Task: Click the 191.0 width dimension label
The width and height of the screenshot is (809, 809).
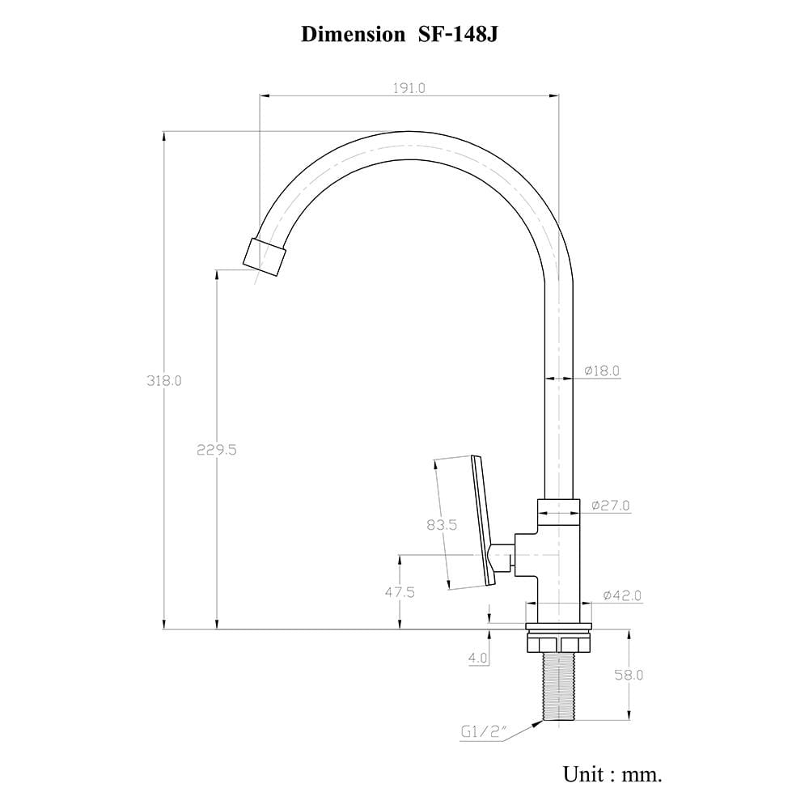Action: (x=409, y=88)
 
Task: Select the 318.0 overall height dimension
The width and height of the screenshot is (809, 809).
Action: (x=164, y=381)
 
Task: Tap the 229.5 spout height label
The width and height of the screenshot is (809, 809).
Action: (x=217, y=450)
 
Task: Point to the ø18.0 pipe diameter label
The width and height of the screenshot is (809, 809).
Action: (x=602, y=371)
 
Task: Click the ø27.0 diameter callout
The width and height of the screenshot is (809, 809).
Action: (x=611, y=505)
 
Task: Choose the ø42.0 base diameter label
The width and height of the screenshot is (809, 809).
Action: (x=623, y=595)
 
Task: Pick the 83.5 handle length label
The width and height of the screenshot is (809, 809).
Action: (x=443, y=525)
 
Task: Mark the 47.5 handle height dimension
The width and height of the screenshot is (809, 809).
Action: (x=400, y=592)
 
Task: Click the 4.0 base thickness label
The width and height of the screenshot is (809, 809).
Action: (x=478, y=658)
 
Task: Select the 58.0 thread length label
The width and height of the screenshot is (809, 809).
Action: (x=629, y=675)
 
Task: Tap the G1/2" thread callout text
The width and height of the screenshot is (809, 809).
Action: (x=485, y=731)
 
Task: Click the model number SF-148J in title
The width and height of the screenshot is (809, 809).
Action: (x=458, y=35)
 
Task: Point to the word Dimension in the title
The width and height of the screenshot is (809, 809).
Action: (x=353, y=35)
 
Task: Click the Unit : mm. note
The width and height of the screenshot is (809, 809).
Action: (x=612, y=774)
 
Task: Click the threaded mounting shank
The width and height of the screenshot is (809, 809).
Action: (x=559, y=686)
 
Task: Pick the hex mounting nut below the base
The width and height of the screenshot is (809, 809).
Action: (x=558, y=644)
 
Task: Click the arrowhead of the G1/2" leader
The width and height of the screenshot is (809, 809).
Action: (x=538, y=723)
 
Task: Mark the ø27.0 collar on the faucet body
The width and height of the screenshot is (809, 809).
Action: (x=559, y=512)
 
